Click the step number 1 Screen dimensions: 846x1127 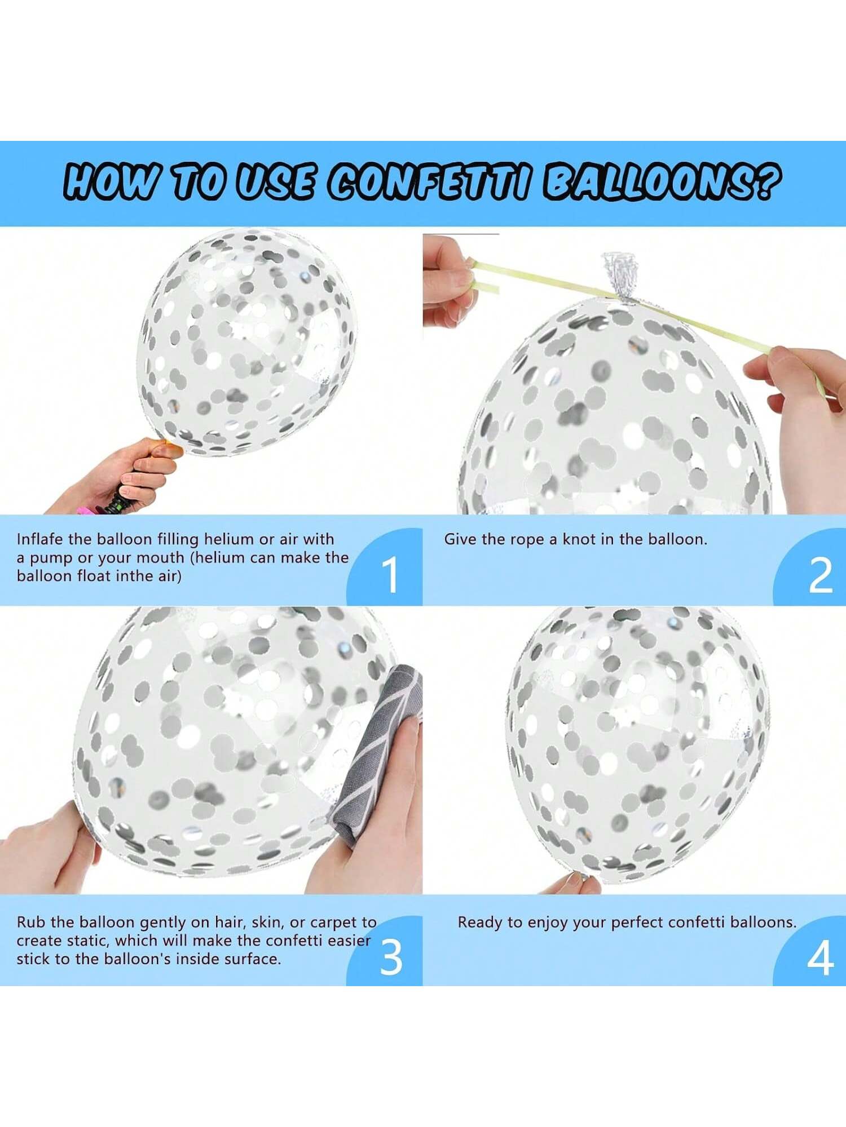click(x=390, y=574)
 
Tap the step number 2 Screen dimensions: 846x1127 click(x=820, y=575)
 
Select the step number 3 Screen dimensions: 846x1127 click(x=391, y=957)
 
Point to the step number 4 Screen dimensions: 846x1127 click(x=820, y=957)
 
